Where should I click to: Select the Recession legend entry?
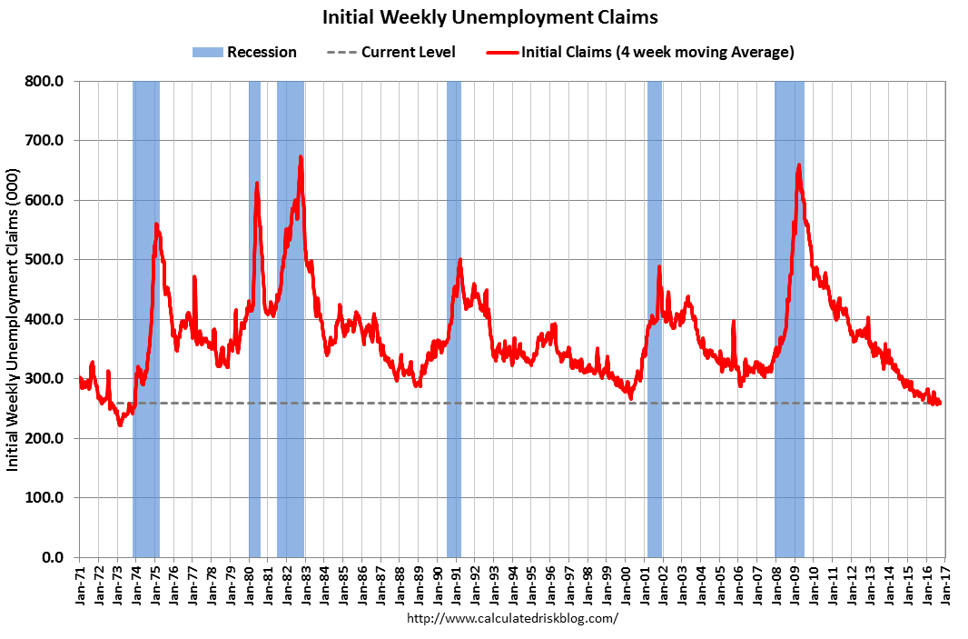pos(244,52)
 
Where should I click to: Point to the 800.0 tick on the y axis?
pos(45,82)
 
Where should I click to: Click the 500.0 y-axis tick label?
pos(45,260)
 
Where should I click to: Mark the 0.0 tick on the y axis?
pos(53,557)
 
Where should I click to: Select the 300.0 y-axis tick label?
pos(45,379)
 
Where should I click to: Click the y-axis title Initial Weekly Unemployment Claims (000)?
pos(14,319)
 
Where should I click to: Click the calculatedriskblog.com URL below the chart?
pos(513,618)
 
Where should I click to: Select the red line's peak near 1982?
pos(301,157)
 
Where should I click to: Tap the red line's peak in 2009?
pos(798,165)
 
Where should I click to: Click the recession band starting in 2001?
pos(654,318)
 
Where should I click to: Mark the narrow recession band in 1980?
pos(254,318)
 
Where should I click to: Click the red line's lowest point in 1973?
pos(120,424)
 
